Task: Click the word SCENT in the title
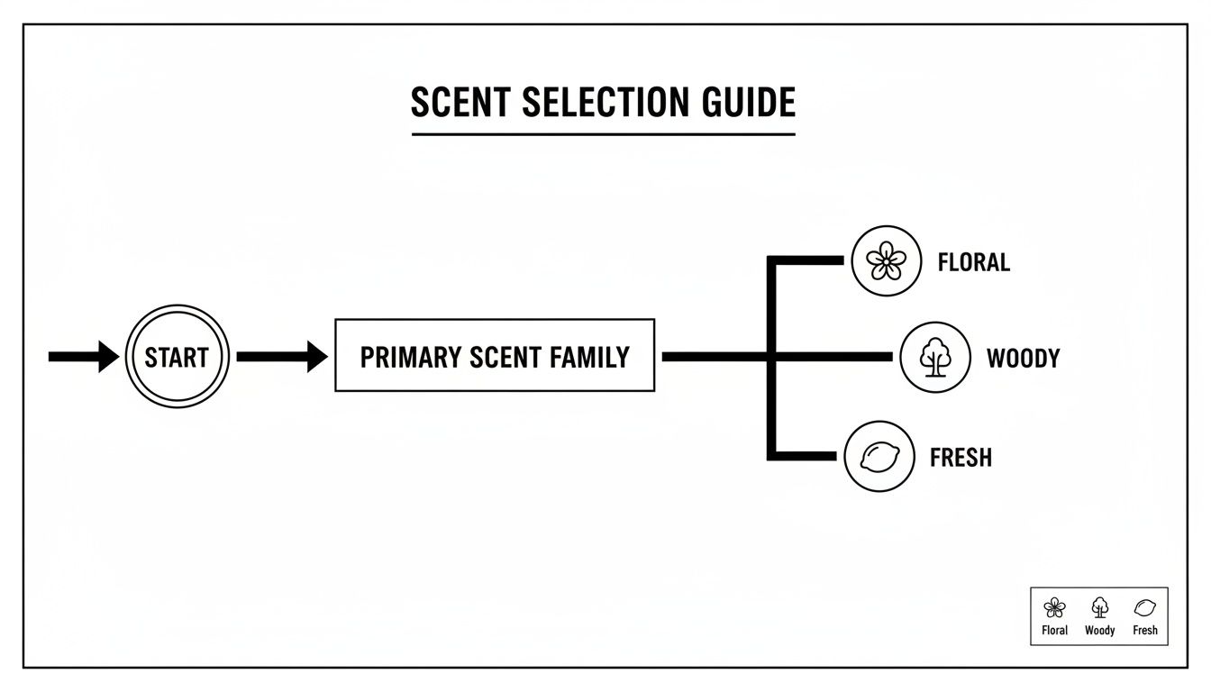[461, 103]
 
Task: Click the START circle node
[177, 357]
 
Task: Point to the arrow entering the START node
[83, 357]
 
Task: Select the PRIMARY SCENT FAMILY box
[495, 355]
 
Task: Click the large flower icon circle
[888, 261]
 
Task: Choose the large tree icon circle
[935, 357]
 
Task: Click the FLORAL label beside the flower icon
[973, 262]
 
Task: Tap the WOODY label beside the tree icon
[1023, 358]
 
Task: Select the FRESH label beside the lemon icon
[961, 457]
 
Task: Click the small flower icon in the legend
[1054, 607]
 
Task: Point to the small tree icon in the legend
[1099, 607]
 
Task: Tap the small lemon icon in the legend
[1144, 607]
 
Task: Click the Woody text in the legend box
[1099, 631]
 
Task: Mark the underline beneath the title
[604, 134]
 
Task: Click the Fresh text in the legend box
[1144, 631]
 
